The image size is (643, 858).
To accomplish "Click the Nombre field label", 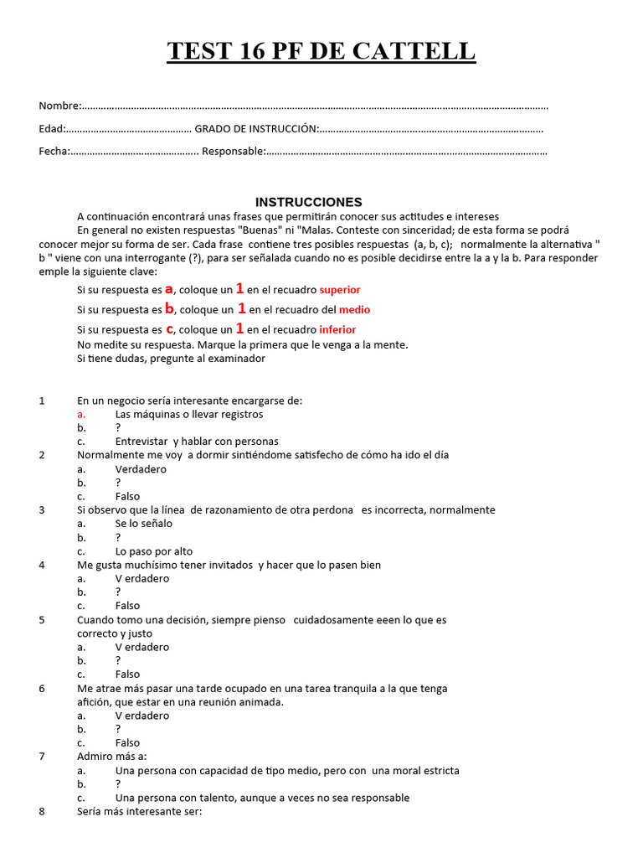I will coord(59,106).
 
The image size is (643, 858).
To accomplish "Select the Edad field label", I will coord(52,129).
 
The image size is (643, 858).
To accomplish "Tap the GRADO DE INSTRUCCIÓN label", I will coord(256,129).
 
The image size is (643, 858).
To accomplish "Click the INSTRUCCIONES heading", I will coord(309,202).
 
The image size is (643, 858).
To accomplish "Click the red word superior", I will coord(340,290).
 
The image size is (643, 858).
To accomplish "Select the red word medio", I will coord(354,310).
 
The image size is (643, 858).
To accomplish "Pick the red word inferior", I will coord(337,330).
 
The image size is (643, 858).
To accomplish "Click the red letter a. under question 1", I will coord(81,414).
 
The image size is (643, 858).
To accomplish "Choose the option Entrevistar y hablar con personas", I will coord(197,442).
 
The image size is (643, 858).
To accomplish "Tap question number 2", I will coord(42,455).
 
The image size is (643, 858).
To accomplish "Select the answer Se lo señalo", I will coord(143,524).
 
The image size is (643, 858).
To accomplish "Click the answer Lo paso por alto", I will coord(153,551).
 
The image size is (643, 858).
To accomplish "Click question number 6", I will coord(42,689).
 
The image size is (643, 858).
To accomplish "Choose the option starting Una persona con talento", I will coord(262,798).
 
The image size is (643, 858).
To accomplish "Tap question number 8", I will coord(42,811).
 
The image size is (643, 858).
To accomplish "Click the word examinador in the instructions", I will coord(234,359).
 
